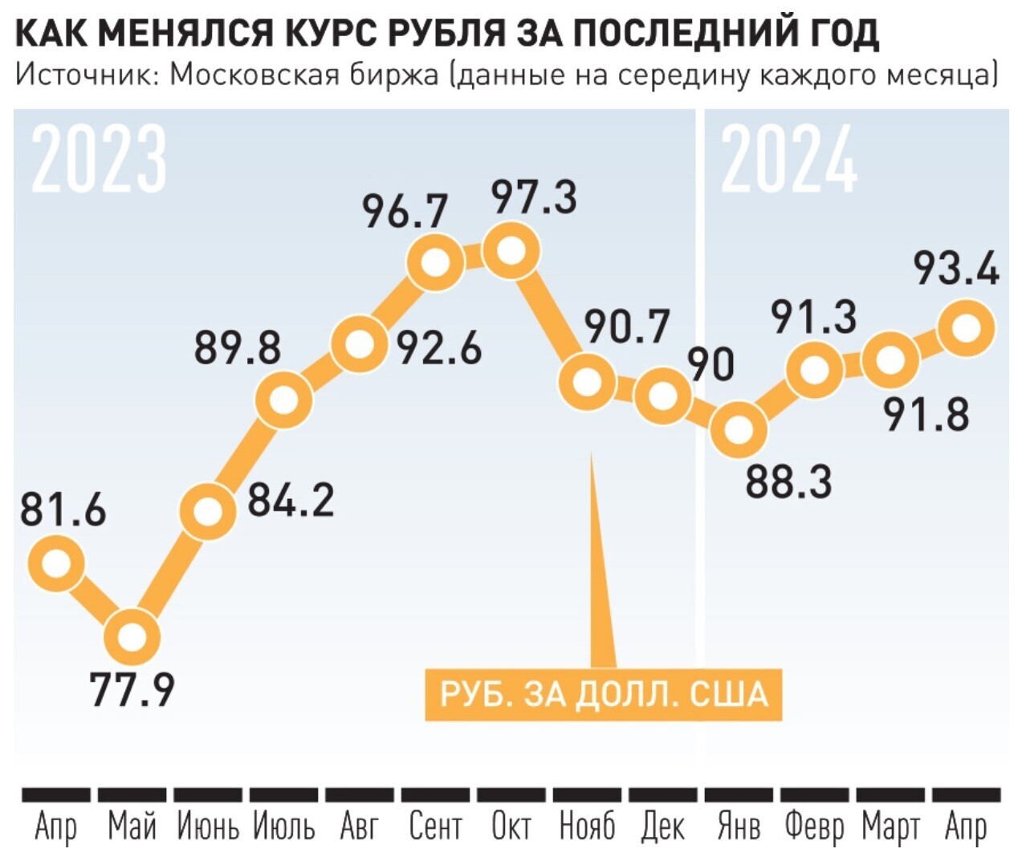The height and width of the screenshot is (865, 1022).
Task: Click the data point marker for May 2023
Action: pos(132,637)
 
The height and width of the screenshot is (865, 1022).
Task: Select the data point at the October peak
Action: pos(511,252)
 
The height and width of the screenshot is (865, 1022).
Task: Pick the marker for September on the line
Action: pos(435,263)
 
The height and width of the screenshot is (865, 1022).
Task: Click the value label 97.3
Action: pos(534,197)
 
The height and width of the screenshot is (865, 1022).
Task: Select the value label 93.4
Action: pos(957,268)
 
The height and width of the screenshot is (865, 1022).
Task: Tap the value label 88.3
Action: pos(788,481)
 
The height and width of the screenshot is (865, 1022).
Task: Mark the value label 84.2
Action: pos(290,499)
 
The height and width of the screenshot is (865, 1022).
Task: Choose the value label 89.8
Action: pos(238,348)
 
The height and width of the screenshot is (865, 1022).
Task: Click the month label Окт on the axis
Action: pos(511,826)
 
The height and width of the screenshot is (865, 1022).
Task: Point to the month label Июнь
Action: pos(208,826)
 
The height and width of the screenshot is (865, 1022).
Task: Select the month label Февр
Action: pos(814,826)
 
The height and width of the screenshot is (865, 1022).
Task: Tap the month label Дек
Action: pos(662,826)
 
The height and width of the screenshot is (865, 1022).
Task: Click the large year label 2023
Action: pos(100,160)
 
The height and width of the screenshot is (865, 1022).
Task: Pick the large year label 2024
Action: pos(789,160)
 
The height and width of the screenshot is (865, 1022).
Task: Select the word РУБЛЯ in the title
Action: pos(446,34)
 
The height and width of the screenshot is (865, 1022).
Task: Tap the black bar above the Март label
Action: pos(890,794)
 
